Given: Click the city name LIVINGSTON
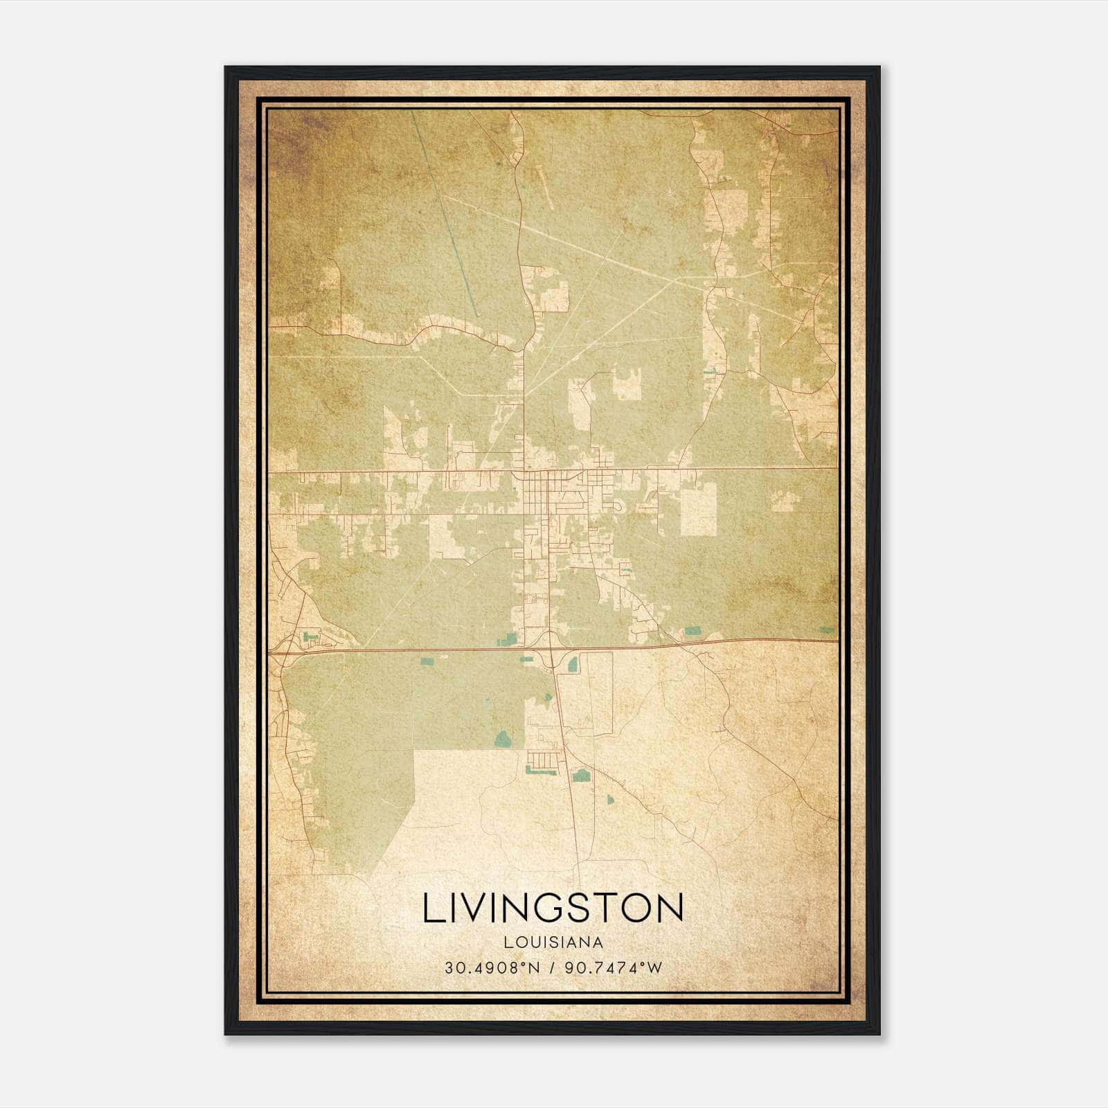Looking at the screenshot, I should pyautogui.click(x=553, y=908).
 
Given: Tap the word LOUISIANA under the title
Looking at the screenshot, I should pyautogui.click(x=553, y=942).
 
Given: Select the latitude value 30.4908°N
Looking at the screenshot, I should pyautogui.click(x=492, y=967).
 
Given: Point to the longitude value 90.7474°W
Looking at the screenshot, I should pyautogui.click(x=614, y=967).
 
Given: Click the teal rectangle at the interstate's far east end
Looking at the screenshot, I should pyautogui.click(x=827, y=630).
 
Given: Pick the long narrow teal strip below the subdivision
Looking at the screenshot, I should pyautogui.click(x=539, y=769).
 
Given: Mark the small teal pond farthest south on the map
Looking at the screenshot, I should pyautogui.click(x=610, y=800).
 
